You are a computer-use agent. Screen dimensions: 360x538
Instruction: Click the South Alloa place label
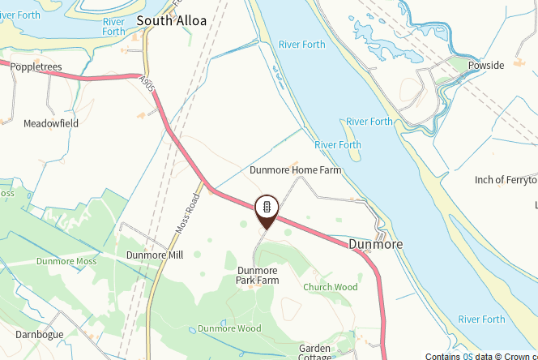[x=172, y=20]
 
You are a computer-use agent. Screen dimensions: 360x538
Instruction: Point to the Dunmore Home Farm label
[x=295, y=170]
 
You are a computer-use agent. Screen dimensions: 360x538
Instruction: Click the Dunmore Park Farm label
[x=258, y=275]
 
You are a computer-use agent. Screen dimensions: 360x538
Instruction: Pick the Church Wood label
[x=330, y=287]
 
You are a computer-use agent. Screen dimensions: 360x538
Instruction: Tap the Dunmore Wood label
[x=229, y=328]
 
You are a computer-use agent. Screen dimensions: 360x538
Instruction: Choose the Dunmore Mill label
[x=155, y=255]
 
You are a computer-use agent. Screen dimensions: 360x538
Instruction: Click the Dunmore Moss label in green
[x=66, y=261]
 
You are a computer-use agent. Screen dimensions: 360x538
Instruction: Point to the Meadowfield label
[x=50, y=123]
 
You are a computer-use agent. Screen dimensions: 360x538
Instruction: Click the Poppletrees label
[x=36, y=67]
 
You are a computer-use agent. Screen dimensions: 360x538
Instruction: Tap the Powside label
[x=486, y=65]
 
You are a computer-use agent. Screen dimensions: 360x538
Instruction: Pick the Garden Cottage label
[x=315, y=351]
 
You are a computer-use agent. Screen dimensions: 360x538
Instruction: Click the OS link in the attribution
[x=468, y=355]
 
